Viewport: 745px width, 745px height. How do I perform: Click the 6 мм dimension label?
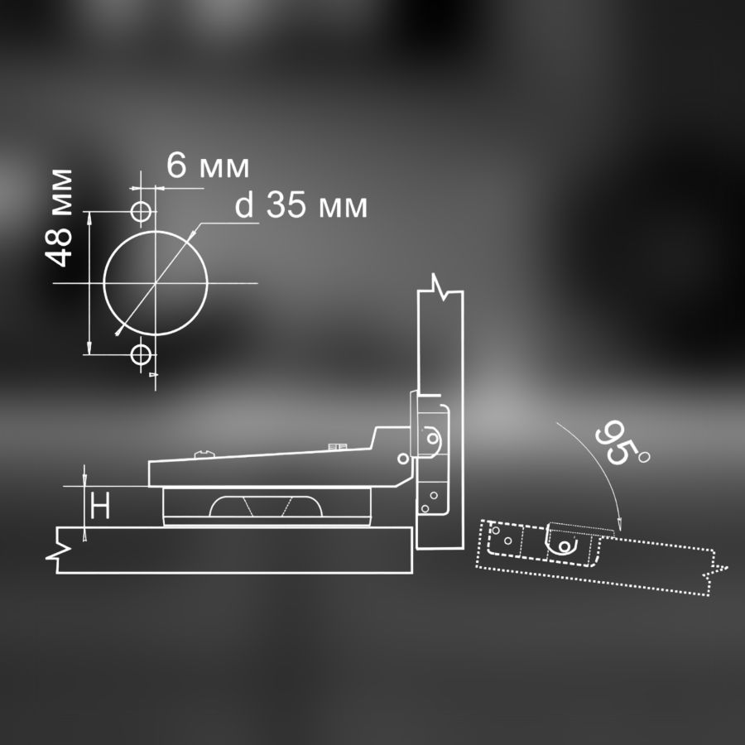coord(208,166)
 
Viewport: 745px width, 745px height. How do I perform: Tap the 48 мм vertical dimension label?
coord(59,218)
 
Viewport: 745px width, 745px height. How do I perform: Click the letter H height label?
coord(100,505)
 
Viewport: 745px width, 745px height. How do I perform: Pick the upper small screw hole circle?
coord(141,211)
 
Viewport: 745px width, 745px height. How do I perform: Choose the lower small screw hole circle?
coord(141,354)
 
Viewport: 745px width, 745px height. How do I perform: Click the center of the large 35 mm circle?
coord(156,283)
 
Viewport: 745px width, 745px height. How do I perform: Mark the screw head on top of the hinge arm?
coord(204,454)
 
